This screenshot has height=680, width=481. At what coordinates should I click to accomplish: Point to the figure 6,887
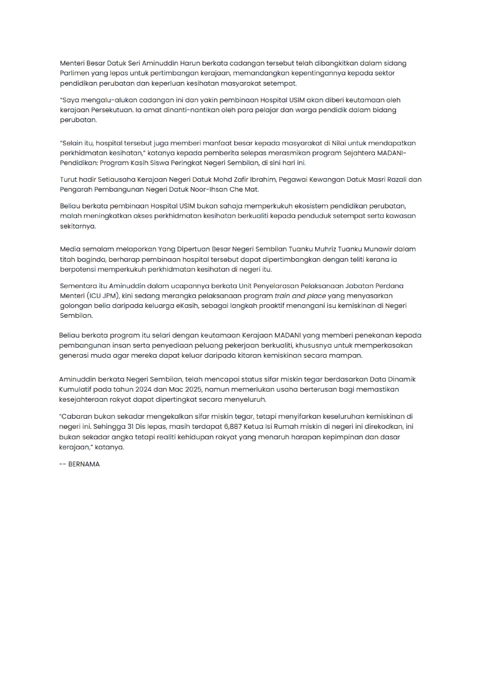[x=233, y=427]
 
